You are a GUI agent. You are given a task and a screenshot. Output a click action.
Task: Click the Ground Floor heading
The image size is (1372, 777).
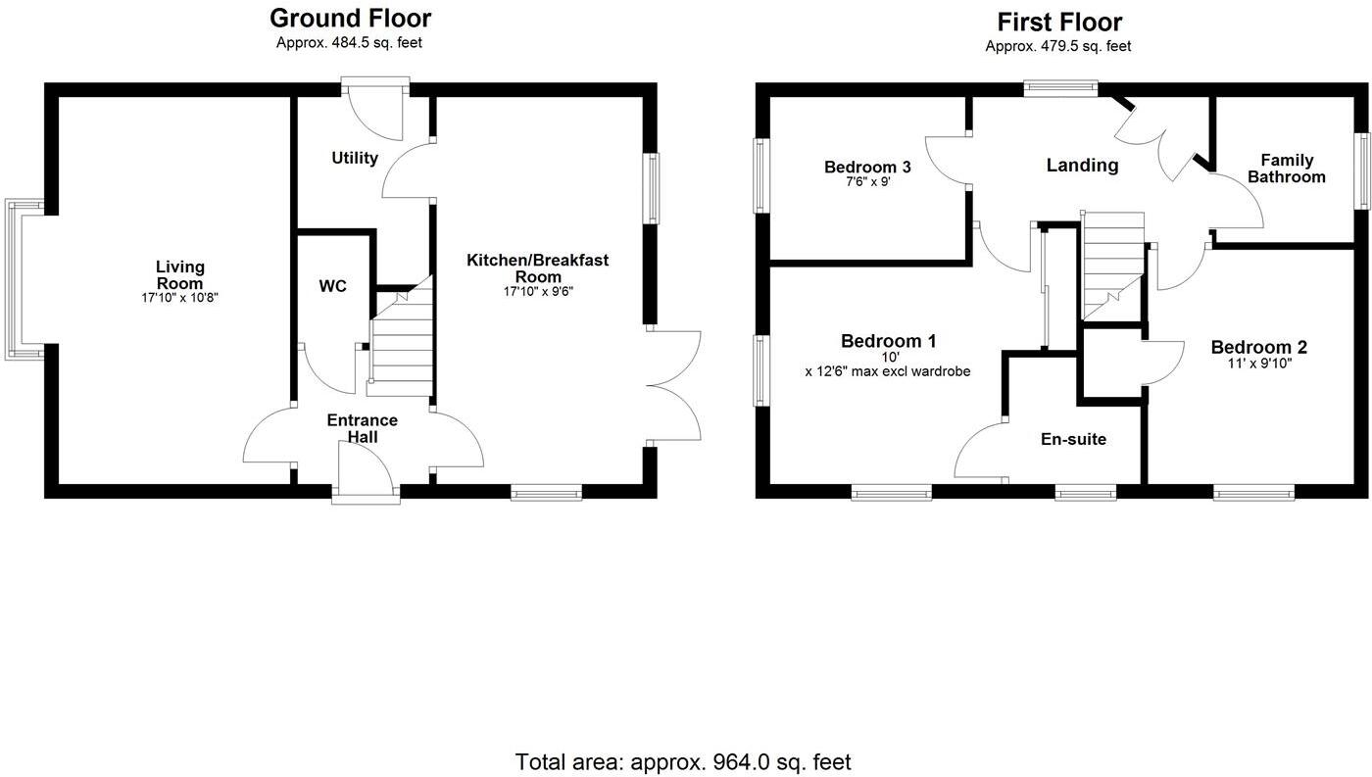[350, 18]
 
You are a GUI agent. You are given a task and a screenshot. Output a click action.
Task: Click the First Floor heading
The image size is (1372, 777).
[1059, 22]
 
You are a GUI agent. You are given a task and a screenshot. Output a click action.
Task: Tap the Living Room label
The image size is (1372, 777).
[180, 274]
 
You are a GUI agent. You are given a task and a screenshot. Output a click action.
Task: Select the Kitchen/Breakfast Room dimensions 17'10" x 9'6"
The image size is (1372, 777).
[537, 292]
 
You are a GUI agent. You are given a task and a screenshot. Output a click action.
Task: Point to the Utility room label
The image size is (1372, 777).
[355, 158]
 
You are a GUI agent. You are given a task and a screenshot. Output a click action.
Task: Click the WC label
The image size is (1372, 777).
[333, 286]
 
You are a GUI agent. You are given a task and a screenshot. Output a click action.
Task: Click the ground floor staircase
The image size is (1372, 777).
[400, 343]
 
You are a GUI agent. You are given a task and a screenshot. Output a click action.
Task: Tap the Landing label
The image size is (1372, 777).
[1082, 166]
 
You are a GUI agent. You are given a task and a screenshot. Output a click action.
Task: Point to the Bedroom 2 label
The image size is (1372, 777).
[1258, 347]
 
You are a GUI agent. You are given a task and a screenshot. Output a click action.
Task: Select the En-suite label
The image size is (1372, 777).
[1073, 439]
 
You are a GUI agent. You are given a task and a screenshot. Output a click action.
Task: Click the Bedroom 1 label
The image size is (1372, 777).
[889, 341]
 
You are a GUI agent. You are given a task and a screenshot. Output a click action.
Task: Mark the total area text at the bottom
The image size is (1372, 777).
[683, 761]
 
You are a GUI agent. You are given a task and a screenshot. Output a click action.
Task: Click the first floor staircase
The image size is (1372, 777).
[1113, 265]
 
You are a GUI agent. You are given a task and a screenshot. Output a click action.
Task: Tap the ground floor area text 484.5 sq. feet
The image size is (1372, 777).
[350, 43]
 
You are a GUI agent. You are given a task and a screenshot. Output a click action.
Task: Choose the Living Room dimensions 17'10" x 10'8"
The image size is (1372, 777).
[180, 297]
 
